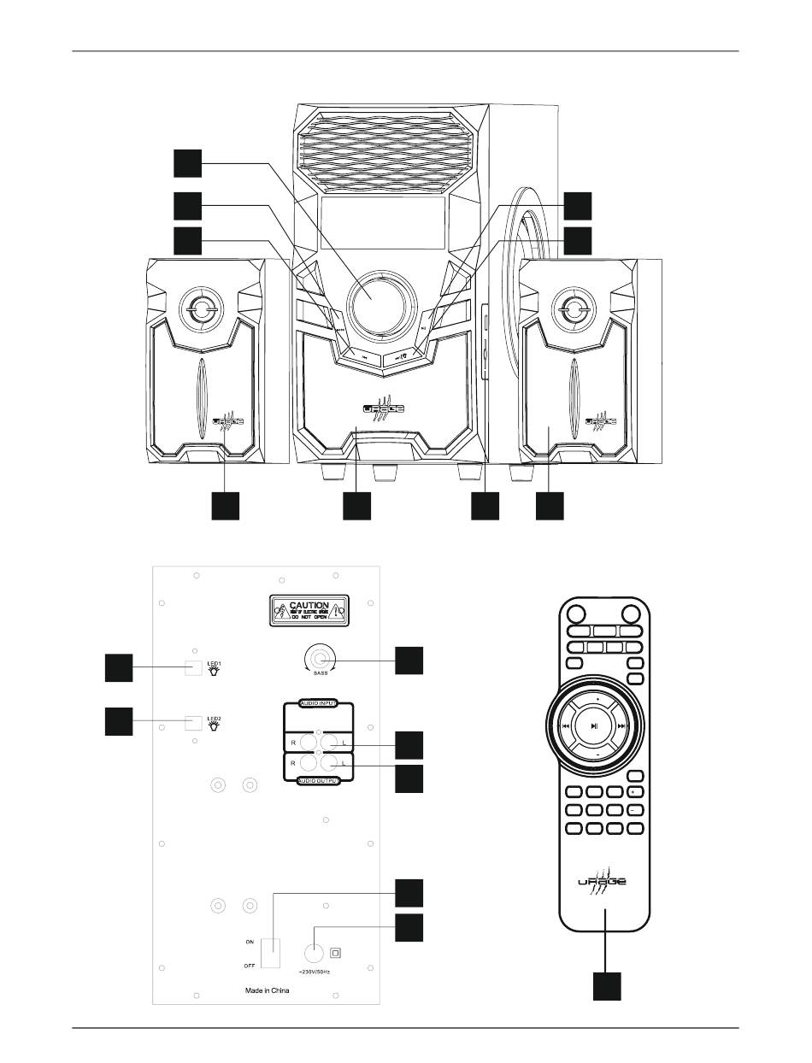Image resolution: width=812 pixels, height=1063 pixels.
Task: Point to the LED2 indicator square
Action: tap(193, 723)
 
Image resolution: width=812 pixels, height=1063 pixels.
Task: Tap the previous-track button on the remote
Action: tap(565, 725)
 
